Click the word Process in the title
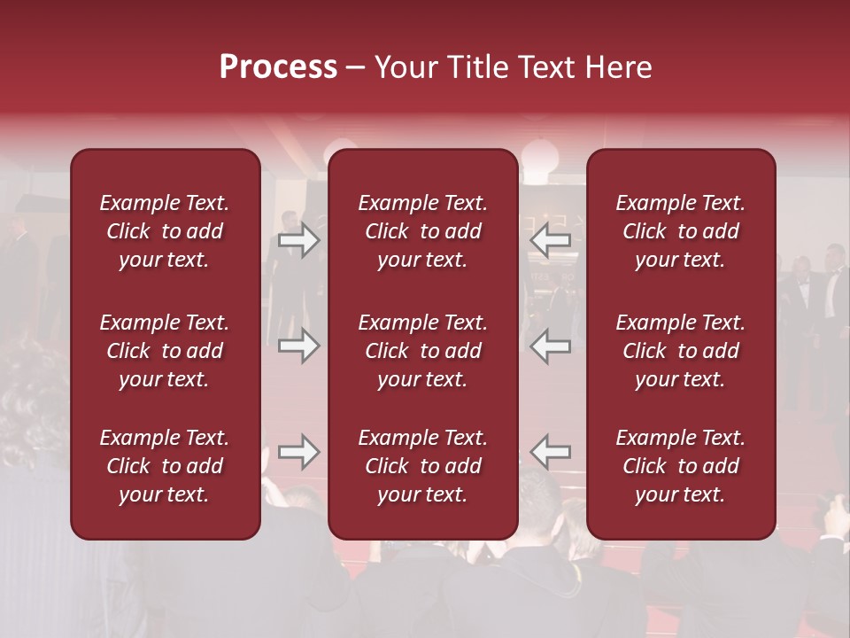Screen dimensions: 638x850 point(278,67)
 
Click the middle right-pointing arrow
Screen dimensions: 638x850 point(298,346)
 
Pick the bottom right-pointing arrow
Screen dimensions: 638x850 point(298,452)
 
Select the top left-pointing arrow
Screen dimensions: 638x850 point(551,239)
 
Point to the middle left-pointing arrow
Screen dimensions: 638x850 point(551,346)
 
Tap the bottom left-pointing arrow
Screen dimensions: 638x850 point(551,452)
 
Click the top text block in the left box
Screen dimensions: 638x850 point(165,231)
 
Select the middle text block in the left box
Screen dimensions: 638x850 point(165,351)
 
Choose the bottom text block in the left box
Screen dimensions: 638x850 point(165,466)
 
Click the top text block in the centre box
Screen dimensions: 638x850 point(423,231)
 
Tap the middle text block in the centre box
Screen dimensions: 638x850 point(423,351)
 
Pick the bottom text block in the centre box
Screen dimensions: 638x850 point(423,466)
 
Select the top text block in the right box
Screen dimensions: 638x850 point(681,231)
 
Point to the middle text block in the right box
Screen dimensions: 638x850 point(681,351)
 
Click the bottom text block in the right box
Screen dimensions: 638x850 point(681,466)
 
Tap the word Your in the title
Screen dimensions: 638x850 point(403,67)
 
